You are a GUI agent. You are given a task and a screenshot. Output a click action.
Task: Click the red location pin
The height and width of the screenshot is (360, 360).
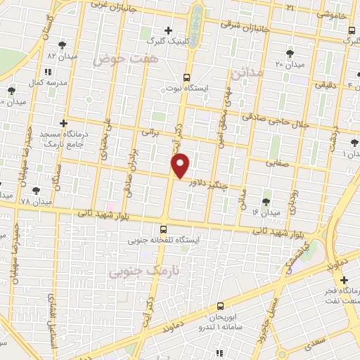click(x=181, y=165)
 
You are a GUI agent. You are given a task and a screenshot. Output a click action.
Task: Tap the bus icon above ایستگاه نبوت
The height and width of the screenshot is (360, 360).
click(x=186, y=77)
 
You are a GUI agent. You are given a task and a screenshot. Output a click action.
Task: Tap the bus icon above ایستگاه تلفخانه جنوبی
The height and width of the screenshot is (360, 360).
click(x=164, y=229)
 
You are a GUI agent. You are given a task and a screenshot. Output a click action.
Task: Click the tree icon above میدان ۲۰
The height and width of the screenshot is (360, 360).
click(x=290, y=53)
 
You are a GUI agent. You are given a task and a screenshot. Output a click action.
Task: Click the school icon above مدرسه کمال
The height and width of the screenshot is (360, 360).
click(x=47, y=72)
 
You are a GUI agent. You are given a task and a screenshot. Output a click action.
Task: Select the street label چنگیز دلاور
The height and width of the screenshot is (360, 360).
click(x=212, y=182)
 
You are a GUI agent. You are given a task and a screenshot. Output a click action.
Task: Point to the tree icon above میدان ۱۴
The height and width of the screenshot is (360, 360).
click(x=266, y=200)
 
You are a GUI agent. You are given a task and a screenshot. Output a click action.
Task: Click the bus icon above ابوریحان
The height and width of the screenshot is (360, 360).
click(x=220, y=306)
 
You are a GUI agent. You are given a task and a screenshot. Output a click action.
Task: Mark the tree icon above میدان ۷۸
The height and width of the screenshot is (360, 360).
click(x=36, y=190)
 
